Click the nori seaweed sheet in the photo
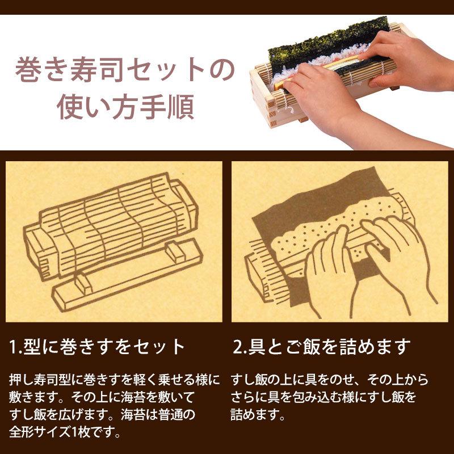[x=318, y=43]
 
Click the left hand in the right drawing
[x=329, y=267]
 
